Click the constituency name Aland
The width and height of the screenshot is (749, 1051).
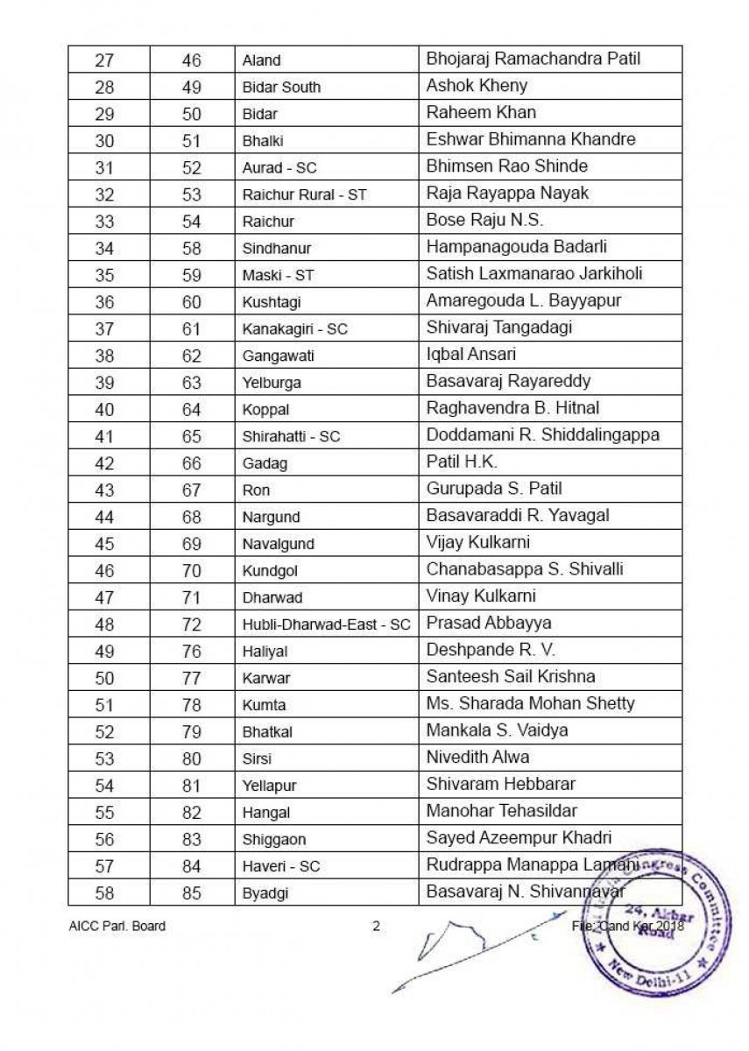(x=262, y=61)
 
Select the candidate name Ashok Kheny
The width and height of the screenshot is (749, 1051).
(x=477, y=86)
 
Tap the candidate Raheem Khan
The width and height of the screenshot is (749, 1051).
(x=481, y=112)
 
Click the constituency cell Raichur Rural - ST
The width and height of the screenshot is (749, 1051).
(x=304, y=194)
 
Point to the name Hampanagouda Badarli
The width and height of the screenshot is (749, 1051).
(x=516, y=247)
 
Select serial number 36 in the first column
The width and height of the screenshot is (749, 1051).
(x=104, y=302)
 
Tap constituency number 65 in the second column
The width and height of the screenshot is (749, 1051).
(x=191, y=436)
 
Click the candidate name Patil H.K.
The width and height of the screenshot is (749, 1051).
(x=462, y=462)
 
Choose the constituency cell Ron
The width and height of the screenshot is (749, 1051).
(x=256, y=490)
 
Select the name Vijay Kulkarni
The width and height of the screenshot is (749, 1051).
(x=477, y=542)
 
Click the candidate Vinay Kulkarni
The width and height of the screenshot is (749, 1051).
(x=481, y=596)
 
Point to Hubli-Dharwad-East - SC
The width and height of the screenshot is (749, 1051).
(x=326, y=624)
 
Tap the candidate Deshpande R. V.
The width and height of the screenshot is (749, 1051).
(x=491, y=650)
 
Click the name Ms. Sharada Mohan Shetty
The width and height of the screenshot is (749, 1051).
(x=530, y=703)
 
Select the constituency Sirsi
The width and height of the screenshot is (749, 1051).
(x=257, y=758)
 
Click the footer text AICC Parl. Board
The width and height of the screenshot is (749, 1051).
(x=117, y=926)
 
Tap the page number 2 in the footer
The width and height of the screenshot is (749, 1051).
(x=377, y=926)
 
